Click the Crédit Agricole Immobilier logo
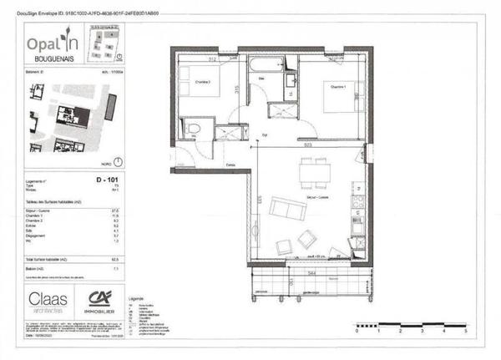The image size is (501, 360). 109,300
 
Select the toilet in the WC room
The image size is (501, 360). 194,128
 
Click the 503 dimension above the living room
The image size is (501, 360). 308,146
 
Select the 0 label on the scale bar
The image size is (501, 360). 356,331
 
